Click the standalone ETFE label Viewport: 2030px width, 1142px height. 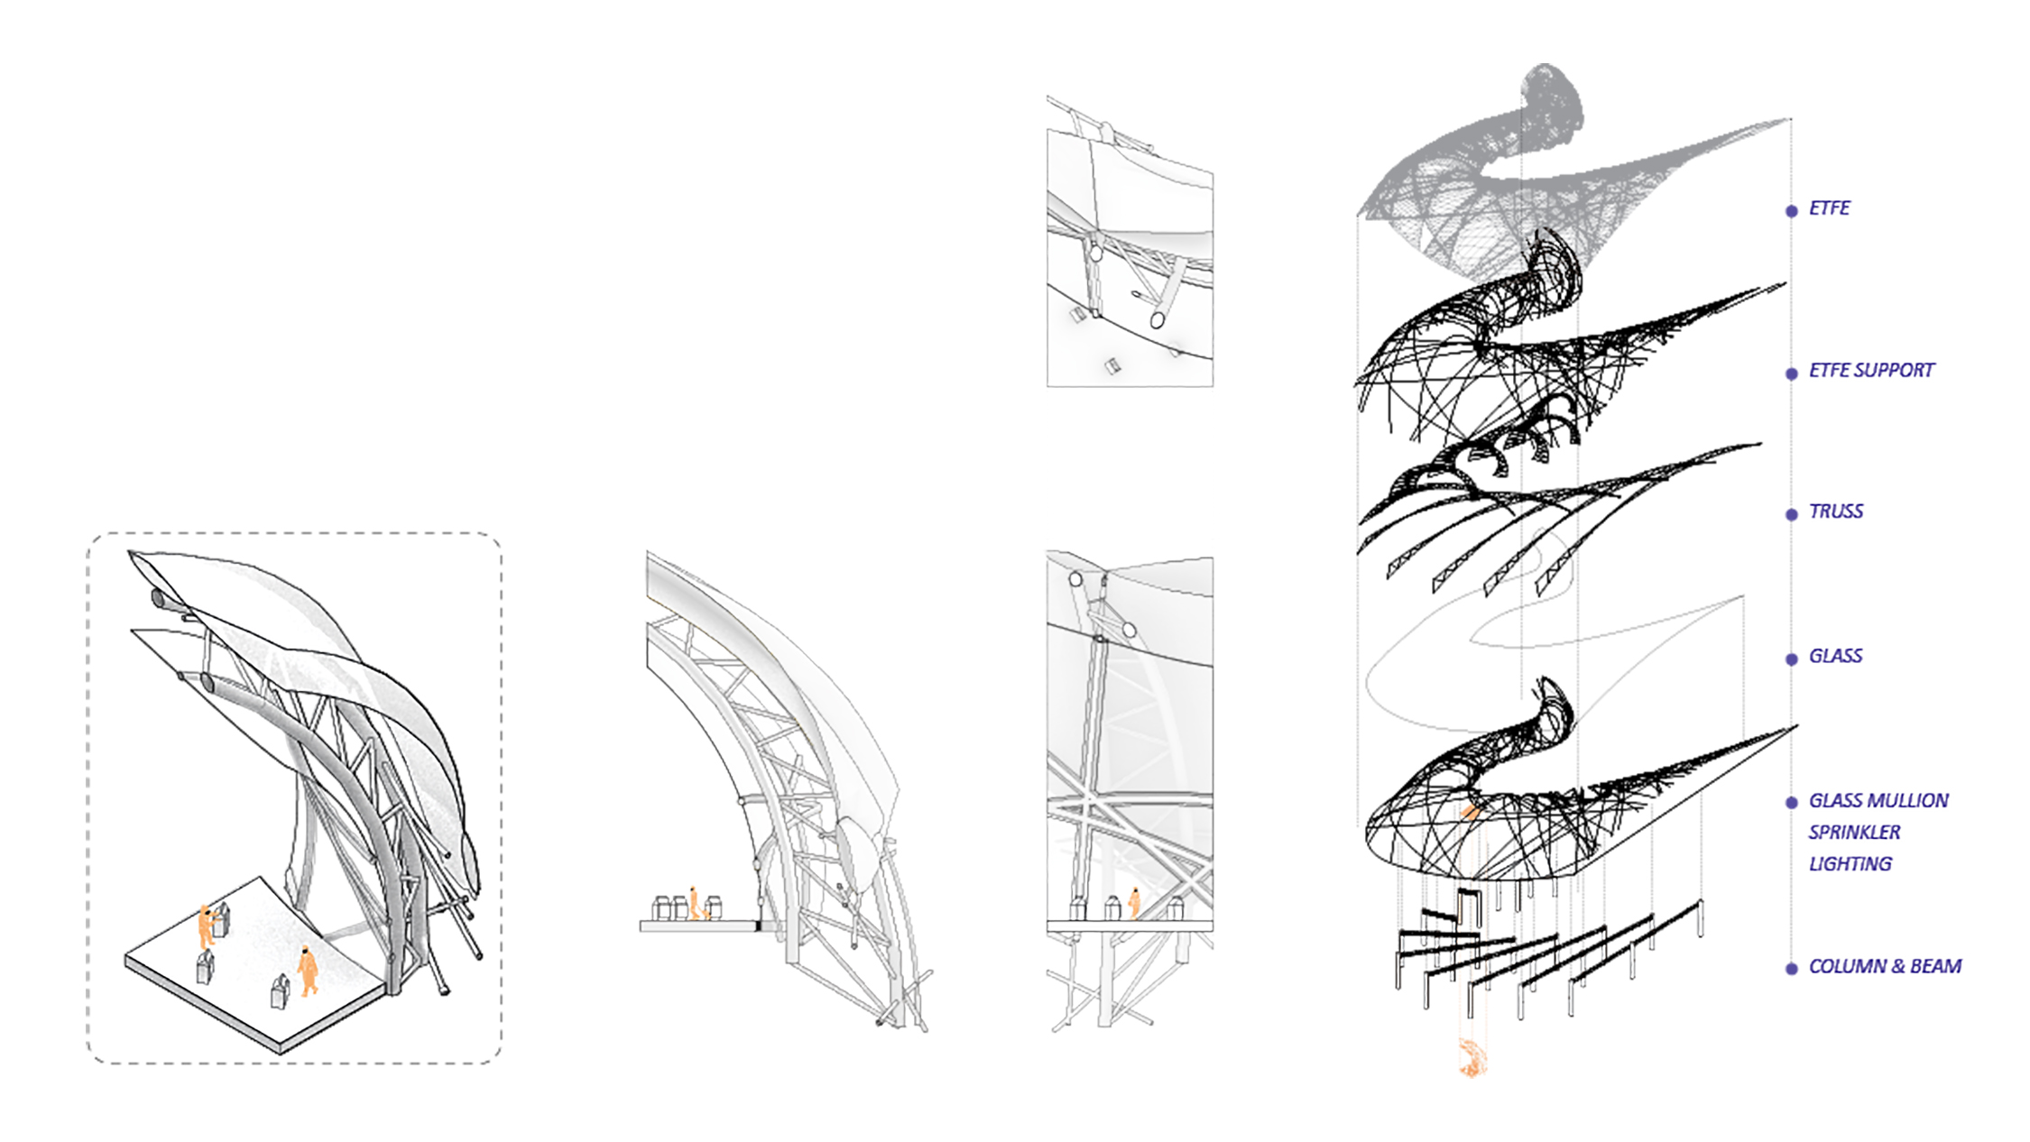coord(1829,208)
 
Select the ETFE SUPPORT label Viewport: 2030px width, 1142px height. coord(1871,371)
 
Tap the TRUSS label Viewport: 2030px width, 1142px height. coord(1835,511)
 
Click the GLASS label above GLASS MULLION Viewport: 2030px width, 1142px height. coord(1835,656)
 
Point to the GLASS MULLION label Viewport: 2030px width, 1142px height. coord(1878,801)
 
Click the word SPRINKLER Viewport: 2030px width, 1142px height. coord(1854,833)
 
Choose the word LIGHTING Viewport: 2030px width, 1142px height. coord(1850,864)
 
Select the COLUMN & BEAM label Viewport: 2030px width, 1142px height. coord(1885,967)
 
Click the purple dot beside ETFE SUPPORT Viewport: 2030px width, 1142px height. coord(1792,373)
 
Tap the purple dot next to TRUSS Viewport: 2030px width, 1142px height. coord(1792,514)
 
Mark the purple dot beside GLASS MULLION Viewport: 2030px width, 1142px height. coord(1792,802)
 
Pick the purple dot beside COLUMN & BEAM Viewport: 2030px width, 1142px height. coord(1792,969)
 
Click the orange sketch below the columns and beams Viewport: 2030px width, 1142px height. coord(1472,1058)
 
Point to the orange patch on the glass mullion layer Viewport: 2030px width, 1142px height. coord(1471,812)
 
